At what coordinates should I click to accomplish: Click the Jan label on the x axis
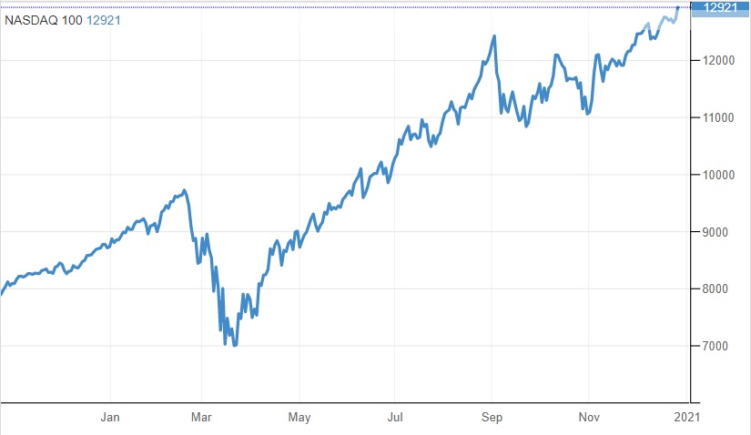coord(110,418)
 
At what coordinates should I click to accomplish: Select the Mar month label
coord(202,418)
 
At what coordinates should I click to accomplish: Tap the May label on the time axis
coord(299,418)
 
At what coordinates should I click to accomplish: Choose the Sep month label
coord(492,418)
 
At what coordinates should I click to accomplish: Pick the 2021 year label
coord(686,418)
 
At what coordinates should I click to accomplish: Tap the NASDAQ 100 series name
coord(44,20)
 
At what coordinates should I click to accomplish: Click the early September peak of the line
coord(493,36)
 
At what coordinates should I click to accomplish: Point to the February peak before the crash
coord(184,190)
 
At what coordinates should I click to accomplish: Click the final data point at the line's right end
coord(678,7)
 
